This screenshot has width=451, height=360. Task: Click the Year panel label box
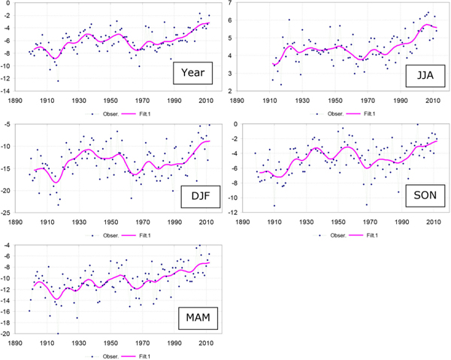tap(192, 73)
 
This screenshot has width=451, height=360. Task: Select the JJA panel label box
tap(425, 76)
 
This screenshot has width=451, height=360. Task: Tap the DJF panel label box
tap(201, 196)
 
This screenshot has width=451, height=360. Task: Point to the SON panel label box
tap(425, 195)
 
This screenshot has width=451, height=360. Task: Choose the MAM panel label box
tap(198, 318)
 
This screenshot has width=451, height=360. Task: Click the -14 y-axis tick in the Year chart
tap(5, 91)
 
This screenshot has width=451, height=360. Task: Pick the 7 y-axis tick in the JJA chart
tap(229, 3)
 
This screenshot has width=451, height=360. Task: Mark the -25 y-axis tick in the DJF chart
tap(5, 213)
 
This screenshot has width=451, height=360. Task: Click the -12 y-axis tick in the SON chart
tap(233, 213)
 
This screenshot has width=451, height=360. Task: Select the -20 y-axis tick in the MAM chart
tap(5, 334)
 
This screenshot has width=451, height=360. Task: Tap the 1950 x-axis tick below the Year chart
tap(110, 101)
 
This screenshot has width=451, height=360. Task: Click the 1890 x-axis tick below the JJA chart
tap(238, 101)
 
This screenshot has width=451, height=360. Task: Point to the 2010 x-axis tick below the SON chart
tap(434, 222)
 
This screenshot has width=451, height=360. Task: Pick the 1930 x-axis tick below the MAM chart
tap(79, 343)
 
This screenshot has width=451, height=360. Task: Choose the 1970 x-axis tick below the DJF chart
tap(143, 222)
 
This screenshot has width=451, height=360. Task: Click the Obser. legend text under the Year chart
tap(110, 114)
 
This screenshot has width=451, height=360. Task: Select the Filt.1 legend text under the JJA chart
tap(370, 114)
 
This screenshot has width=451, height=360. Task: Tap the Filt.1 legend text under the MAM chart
tap(144, 356)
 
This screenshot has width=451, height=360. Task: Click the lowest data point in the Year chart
tap(58, 81)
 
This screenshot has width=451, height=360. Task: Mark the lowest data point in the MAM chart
tap(58, 334)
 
